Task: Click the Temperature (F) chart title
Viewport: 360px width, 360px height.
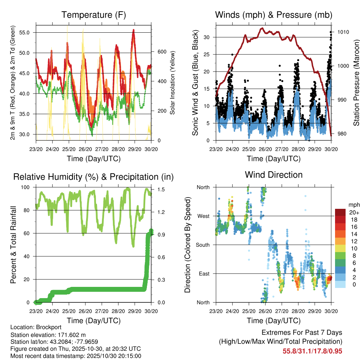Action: pos(94,15)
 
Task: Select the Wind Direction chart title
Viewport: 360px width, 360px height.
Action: pos(274,174)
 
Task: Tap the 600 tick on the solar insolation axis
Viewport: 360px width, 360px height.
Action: pos(161,52)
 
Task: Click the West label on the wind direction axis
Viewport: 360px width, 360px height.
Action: pos(203,216)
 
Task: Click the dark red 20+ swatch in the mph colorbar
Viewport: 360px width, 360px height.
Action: pos(340,212)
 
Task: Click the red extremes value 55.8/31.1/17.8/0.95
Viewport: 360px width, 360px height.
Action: pos(312,351)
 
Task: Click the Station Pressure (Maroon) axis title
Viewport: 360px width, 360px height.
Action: pos(356,83)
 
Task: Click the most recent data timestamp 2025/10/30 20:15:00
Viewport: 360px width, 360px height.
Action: pos(111,356)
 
